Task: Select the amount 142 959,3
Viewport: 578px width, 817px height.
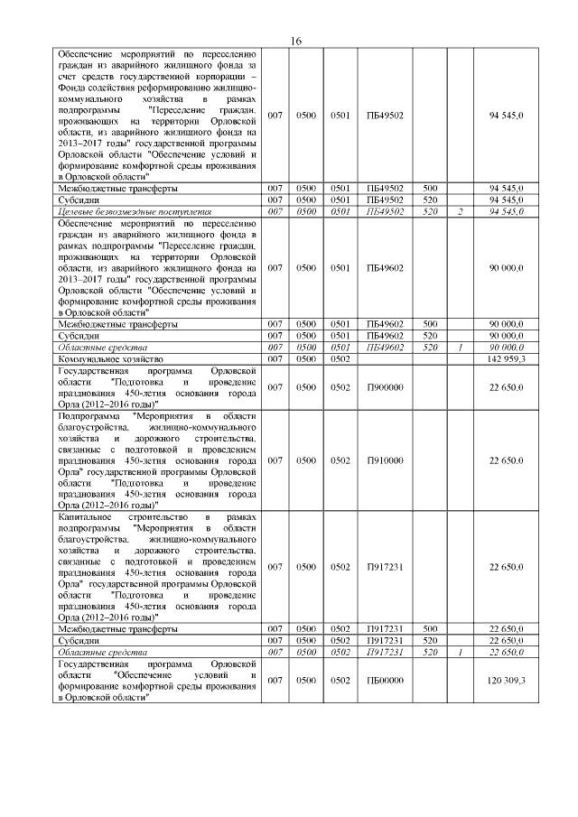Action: (x=506, y=358)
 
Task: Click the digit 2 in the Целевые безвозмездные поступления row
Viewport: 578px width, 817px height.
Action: (x=461, y=211)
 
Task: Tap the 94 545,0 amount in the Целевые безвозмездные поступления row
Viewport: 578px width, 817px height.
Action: (x=506, y=211)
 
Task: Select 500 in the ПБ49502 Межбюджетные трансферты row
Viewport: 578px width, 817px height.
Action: (x=431, y=188)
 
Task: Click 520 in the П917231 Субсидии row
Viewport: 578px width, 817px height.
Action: (x=431, y=640)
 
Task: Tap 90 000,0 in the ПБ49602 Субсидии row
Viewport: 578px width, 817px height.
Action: (x=506, y=335)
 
